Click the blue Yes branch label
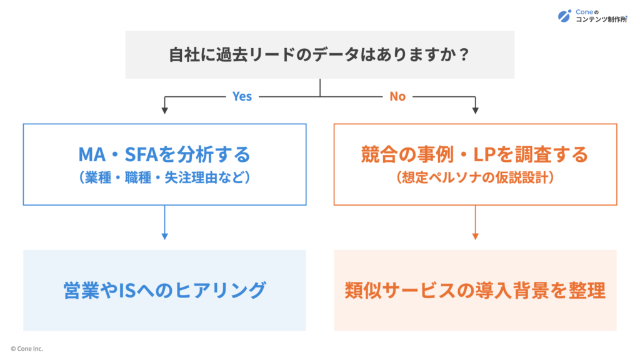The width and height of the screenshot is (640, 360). (x=242, y=96)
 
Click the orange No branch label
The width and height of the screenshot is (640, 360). (x=397, y=96)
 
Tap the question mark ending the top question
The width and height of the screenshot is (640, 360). (x=463, y=55)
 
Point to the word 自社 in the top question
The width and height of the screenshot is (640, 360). (x=184, y=55)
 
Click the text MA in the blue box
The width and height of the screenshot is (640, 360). (x=92, y=155)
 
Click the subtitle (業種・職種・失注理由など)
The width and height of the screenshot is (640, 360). (x=164, y=177)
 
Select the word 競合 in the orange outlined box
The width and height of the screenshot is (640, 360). (x=377, y=155)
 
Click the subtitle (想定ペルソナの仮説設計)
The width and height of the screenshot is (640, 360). (x=475, y=177)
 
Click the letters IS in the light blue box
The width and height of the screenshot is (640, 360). (x=126, y=291)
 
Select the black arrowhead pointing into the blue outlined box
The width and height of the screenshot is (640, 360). (x=165, y=111)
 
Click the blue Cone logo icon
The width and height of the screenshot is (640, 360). (x=564, y=16)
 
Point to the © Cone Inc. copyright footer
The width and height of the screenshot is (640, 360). (x=27, y=349)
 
